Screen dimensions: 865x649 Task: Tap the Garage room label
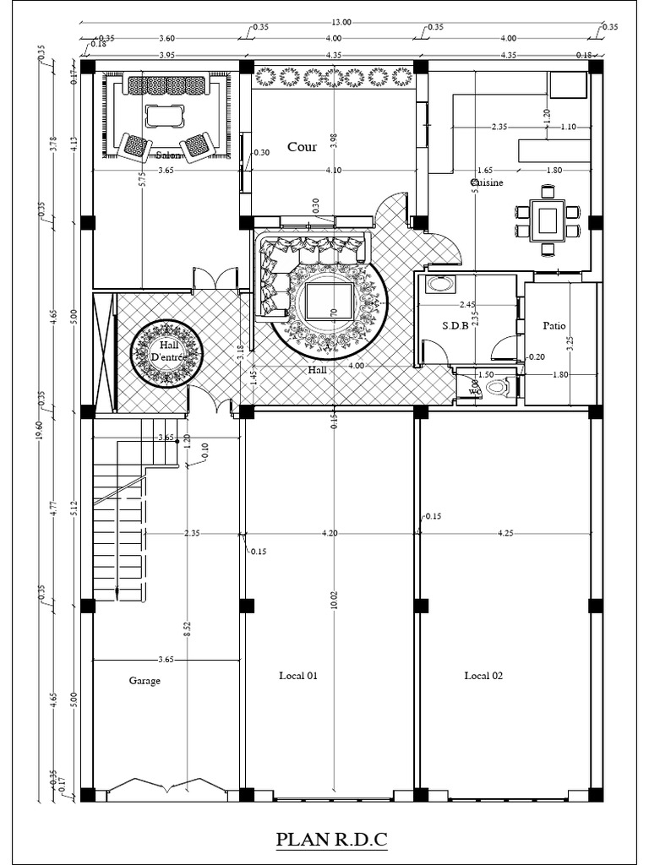click(145, 680)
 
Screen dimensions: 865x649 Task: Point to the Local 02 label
click(483, 675)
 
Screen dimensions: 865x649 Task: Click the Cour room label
click(302, 147)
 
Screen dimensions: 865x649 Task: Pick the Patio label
click(554, 325)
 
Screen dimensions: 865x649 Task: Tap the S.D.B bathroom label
click(455, 325)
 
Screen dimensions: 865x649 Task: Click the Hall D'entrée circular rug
click(166, 355)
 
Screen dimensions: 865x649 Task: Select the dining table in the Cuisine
click(548, 220)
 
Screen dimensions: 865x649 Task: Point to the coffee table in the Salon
click(165, 115)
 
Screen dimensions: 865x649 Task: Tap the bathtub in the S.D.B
click(439, 284)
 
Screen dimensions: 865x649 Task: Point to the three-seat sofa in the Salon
click(165, 85)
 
